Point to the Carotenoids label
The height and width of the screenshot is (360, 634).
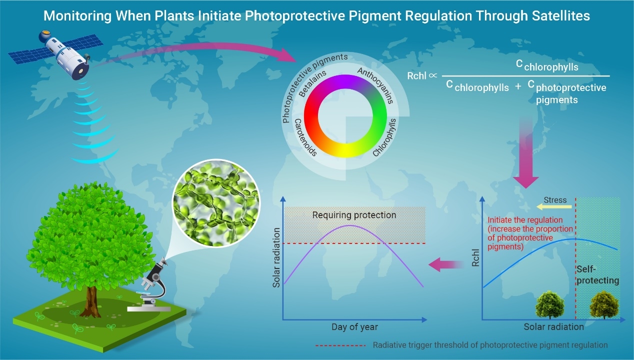point(304,137)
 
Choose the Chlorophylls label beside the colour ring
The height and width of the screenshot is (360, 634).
point(385,137)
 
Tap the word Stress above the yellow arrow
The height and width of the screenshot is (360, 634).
point(555,200)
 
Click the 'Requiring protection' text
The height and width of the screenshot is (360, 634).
point(354,215)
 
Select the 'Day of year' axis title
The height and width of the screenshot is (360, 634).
point(354,327)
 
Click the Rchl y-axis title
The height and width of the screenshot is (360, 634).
point(475,260)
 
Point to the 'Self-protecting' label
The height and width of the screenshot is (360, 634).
point(597,274)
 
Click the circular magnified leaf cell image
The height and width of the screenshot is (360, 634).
point(216,209)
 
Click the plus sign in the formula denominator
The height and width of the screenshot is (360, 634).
point(517,85)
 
